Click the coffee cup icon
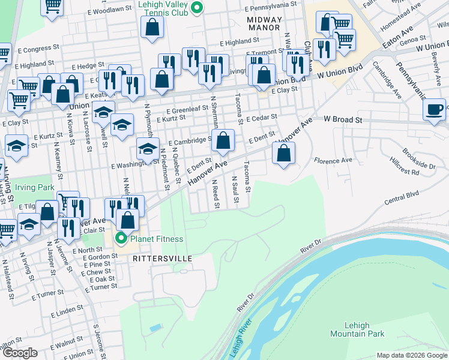click(x=434, y=110)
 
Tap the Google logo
click(x=20, y=353)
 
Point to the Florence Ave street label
click(x=333, y=161)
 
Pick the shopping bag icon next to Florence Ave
click(x=283, y=153)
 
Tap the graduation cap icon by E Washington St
click(x=146, y=149)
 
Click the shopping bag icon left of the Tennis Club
click(x=152, y=26)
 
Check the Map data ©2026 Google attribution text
click(x=411, y=355)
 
